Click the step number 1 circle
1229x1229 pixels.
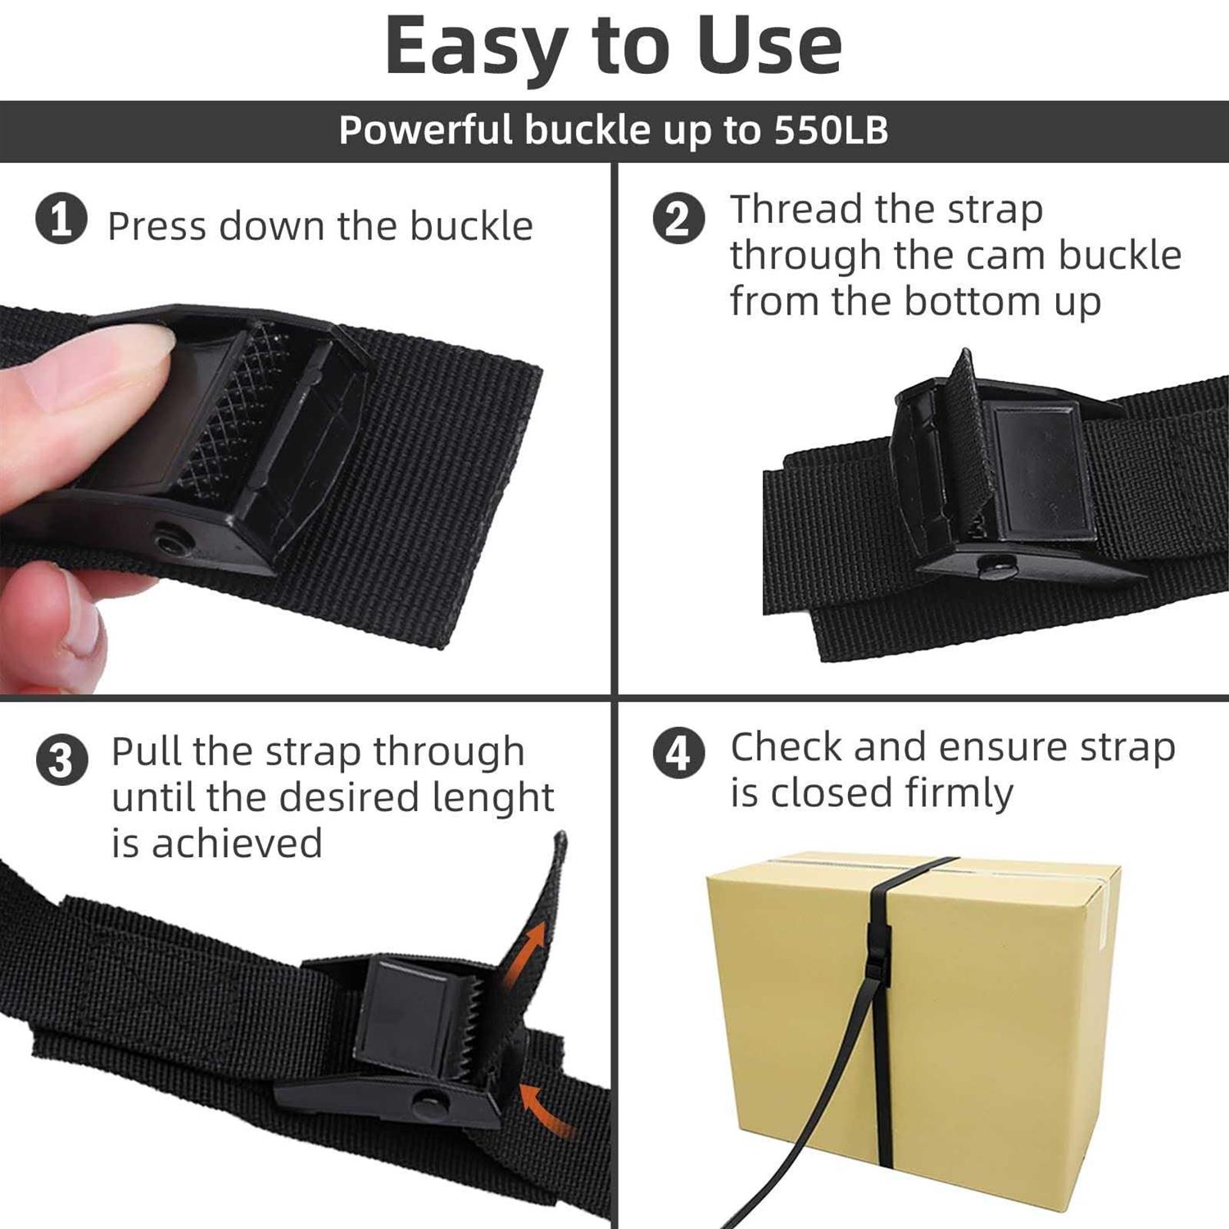pyautogui.click(x=61, y=219)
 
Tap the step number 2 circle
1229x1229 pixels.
pyautogui.click(x=678, y=219)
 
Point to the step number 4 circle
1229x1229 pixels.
pyautogui.click(x=678, y=752)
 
